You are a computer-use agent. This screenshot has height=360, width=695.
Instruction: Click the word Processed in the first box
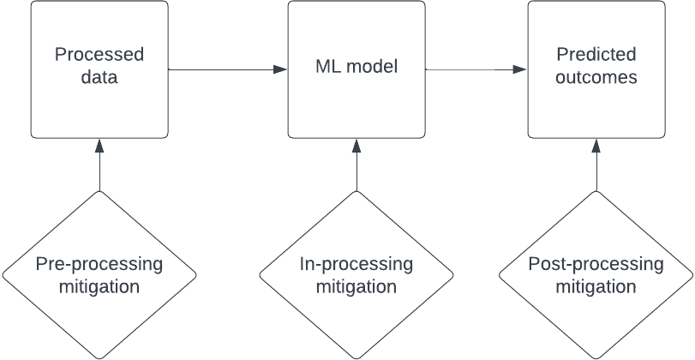click(x=99, y=56)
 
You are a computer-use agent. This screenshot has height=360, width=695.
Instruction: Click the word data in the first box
click(x=99, y=78)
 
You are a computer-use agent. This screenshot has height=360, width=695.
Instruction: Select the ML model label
click(x=356, y=67)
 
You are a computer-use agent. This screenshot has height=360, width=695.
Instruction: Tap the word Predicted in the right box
click(x=596, y=56)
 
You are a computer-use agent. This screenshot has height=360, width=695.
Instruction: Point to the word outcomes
click(x=596, y=78)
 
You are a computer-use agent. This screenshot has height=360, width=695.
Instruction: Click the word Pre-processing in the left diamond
click(x=99, y=264)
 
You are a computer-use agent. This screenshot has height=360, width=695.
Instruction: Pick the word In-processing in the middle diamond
click(x=356, y=264)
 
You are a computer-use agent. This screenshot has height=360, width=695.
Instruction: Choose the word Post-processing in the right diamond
click(x=596, y=264)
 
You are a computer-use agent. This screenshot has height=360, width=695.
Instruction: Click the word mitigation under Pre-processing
click(x=99, y=286)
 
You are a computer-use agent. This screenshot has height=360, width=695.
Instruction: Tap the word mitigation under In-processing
click(x=356, y=286)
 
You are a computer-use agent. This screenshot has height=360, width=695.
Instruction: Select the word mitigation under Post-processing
click(x=596, y=286)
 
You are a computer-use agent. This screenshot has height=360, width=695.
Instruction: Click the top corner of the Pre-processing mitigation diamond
click(x=99, y=192)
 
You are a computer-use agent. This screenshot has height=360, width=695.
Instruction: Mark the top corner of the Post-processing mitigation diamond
click(x=596, y=192)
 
